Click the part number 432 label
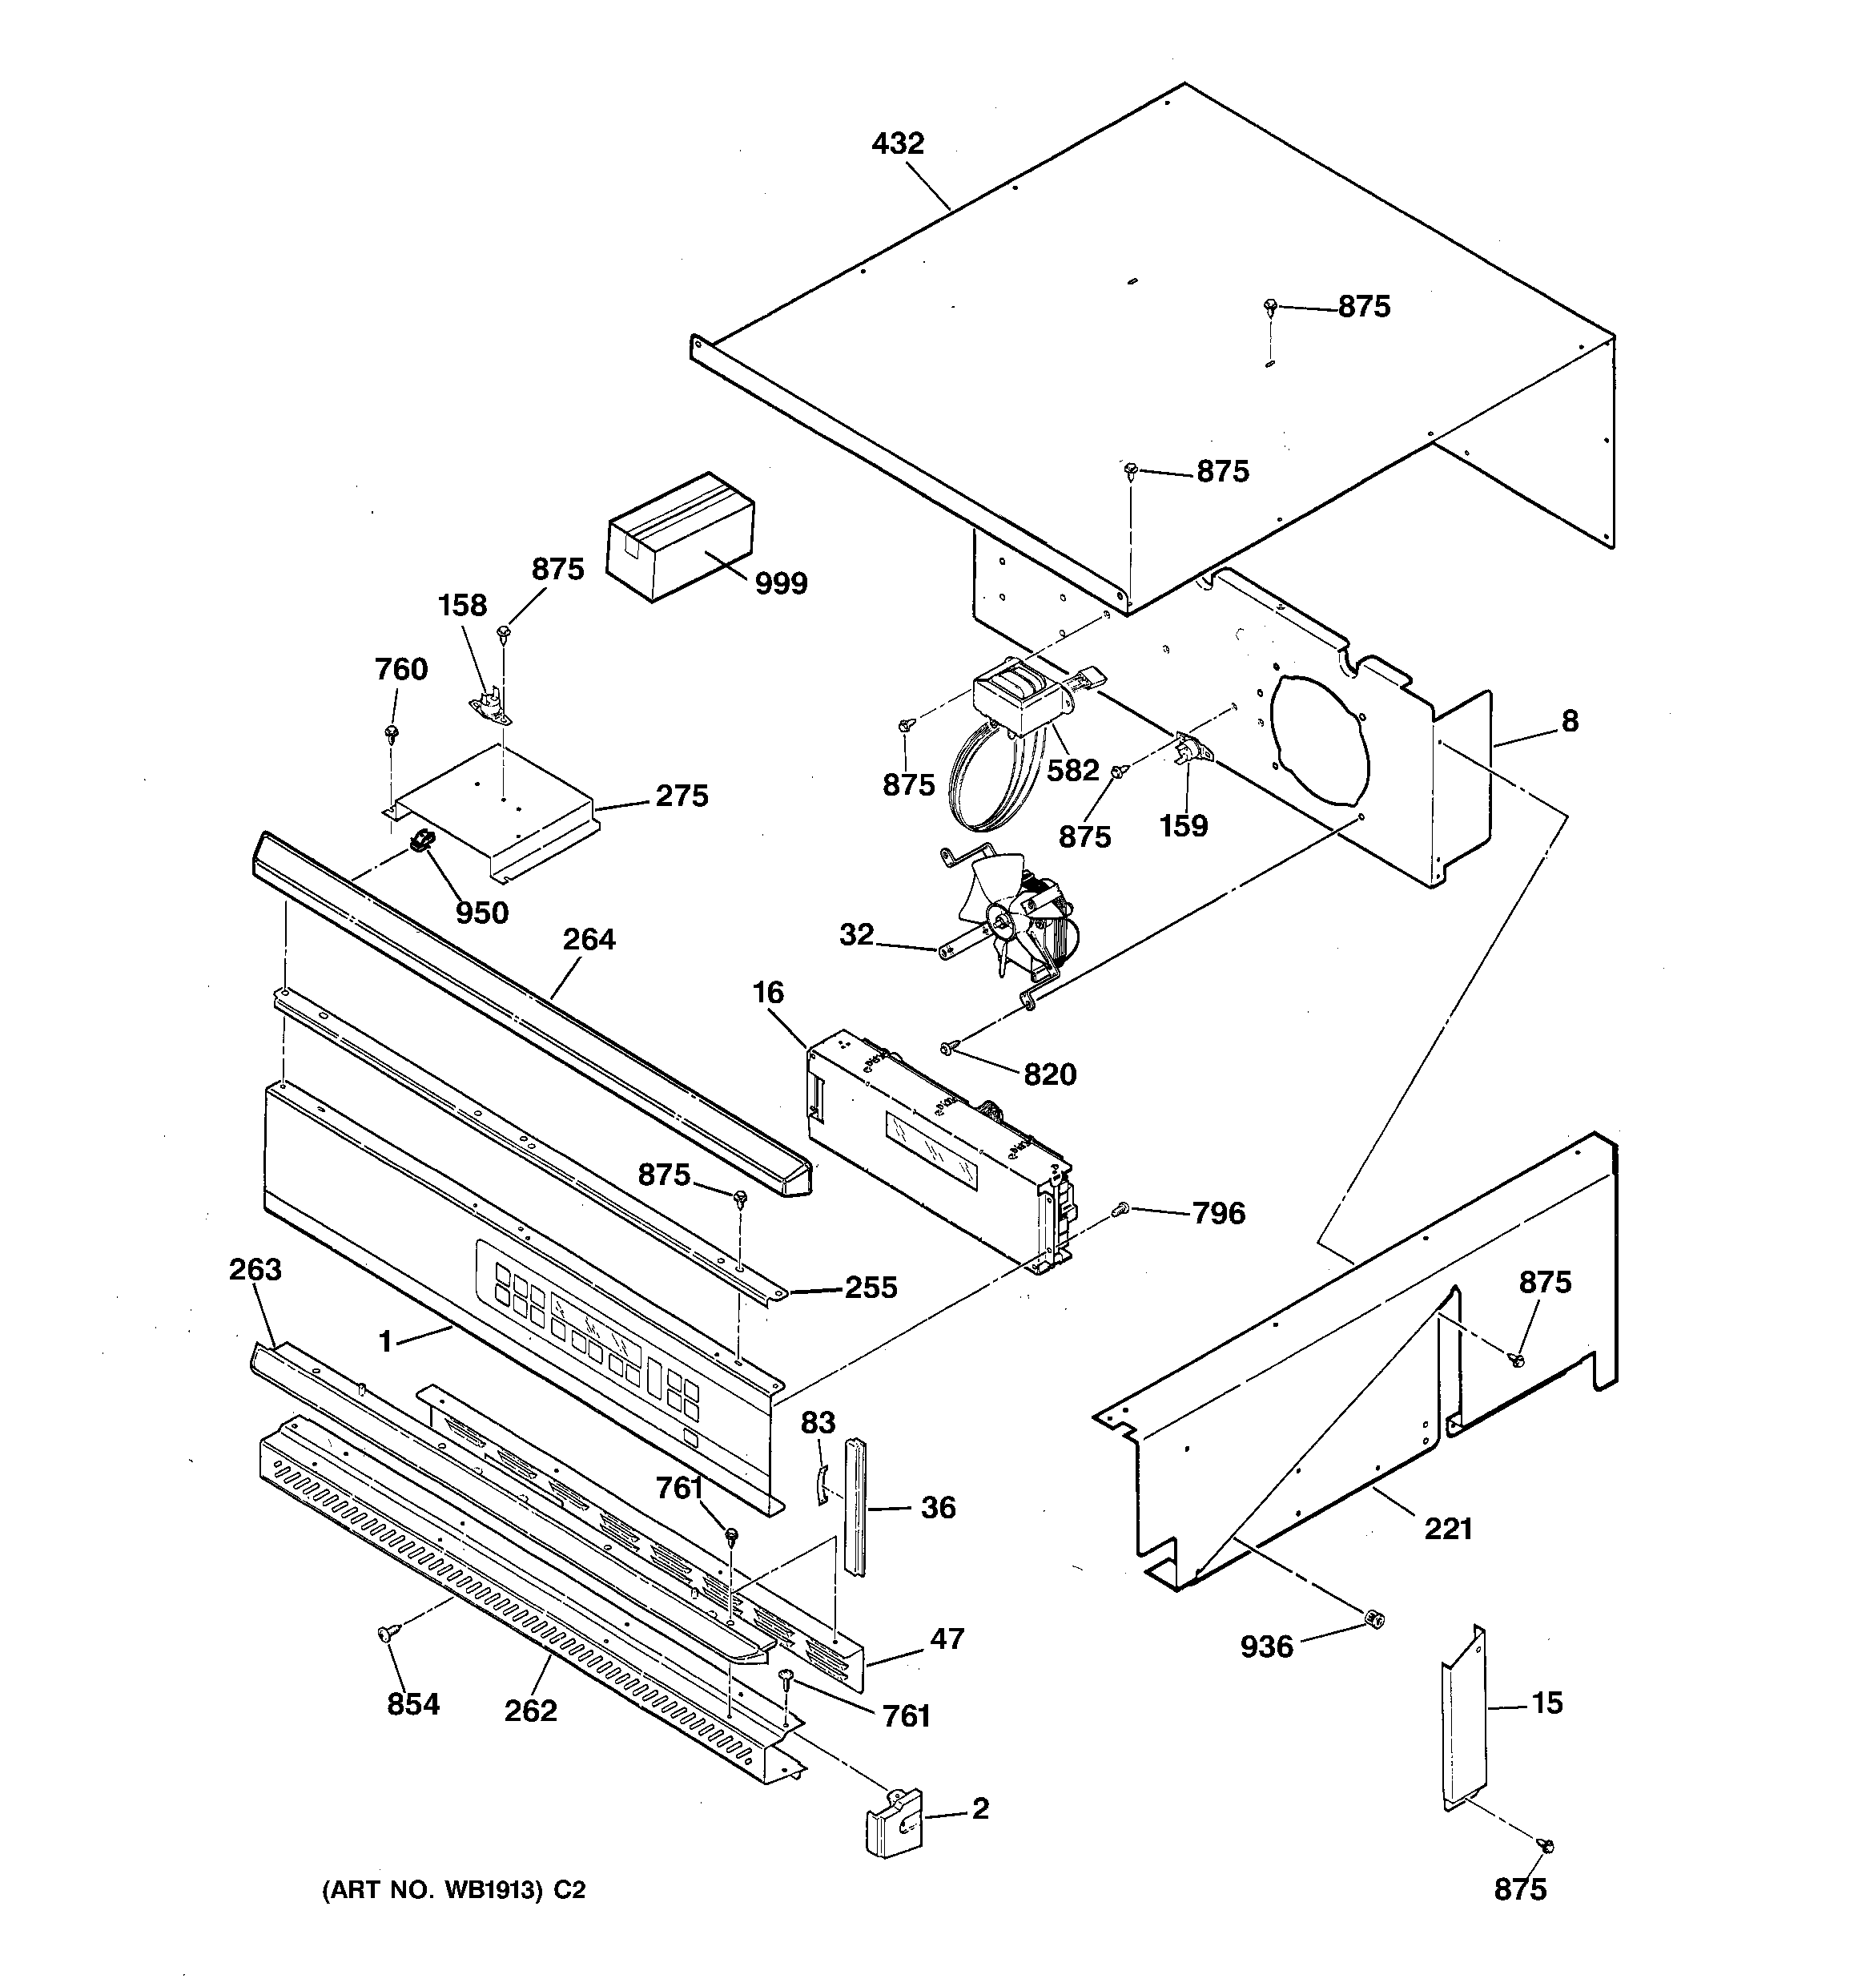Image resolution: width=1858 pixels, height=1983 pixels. point(898,143)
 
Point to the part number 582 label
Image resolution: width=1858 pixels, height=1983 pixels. point(1072,770)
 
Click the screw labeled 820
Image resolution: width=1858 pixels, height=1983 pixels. point(948,1046)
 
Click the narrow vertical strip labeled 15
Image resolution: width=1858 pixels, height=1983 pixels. point(1463,1719)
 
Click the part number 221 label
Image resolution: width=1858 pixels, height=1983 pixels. point(1448,1528)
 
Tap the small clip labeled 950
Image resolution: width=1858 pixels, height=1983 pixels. point(423,841)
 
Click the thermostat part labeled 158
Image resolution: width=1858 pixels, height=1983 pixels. point(491,705)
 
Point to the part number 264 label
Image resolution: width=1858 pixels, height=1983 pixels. point(589,940)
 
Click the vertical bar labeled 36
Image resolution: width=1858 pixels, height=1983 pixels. point(857,1505)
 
